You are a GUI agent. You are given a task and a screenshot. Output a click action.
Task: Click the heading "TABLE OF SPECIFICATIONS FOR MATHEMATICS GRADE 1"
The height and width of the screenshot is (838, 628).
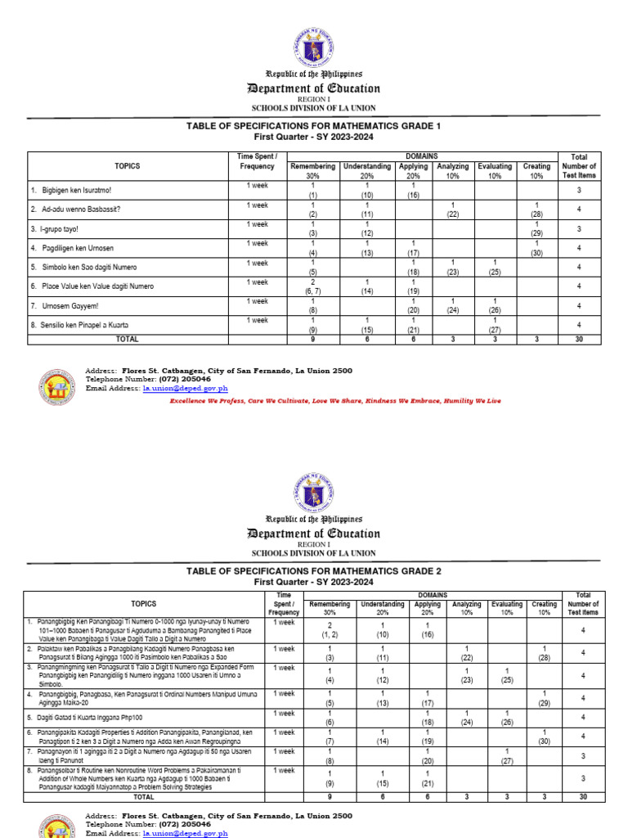(314, 126)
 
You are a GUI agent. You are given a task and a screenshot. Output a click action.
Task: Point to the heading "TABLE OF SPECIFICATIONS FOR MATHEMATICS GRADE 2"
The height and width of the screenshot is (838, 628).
(314, 570)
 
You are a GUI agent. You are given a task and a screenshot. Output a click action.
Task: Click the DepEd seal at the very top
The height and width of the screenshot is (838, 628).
(314, 47)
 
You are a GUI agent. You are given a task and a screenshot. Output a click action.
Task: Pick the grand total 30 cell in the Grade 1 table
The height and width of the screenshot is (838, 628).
(579, 337)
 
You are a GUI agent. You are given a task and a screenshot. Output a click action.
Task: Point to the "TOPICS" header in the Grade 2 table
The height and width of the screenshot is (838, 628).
(144, 603)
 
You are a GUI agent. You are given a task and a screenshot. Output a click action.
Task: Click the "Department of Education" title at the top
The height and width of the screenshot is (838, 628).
(314, 88)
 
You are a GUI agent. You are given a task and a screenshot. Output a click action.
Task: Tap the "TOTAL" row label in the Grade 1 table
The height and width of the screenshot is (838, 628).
(128, 337)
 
